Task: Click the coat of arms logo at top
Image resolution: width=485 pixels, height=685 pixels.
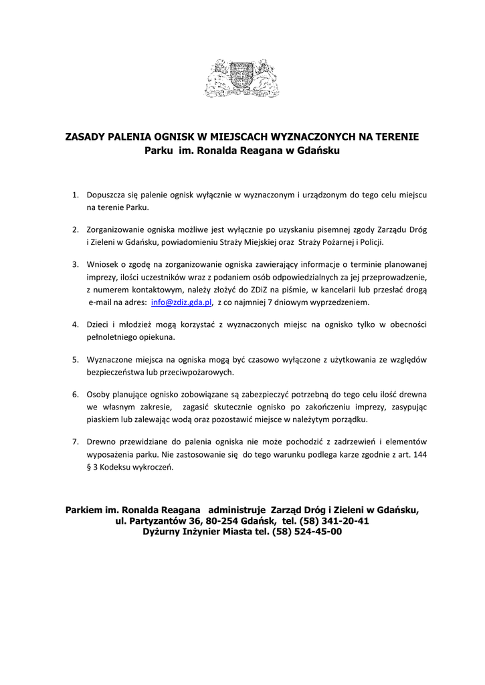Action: tap(242, 79)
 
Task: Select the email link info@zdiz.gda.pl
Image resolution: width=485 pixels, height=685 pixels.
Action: tap(182, 302)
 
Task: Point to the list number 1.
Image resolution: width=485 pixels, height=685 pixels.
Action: tap(76, 195)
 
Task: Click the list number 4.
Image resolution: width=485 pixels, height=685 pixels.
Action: tap(76, 324)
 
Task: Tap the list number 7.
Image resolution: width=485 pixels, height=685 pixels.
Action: tap(76, 442)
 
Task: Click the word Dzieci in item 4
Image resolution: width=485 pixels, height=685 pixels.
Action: tap(99, 324)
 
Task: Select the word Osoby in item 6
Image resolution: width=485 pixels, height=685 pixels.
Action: tap(99, 394)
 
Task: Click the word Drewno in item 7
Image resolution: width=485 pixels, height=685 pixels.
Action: tap(102, 442)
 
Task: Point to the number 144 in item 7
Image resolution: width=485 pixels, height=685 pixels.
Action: tap(420, 455)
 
